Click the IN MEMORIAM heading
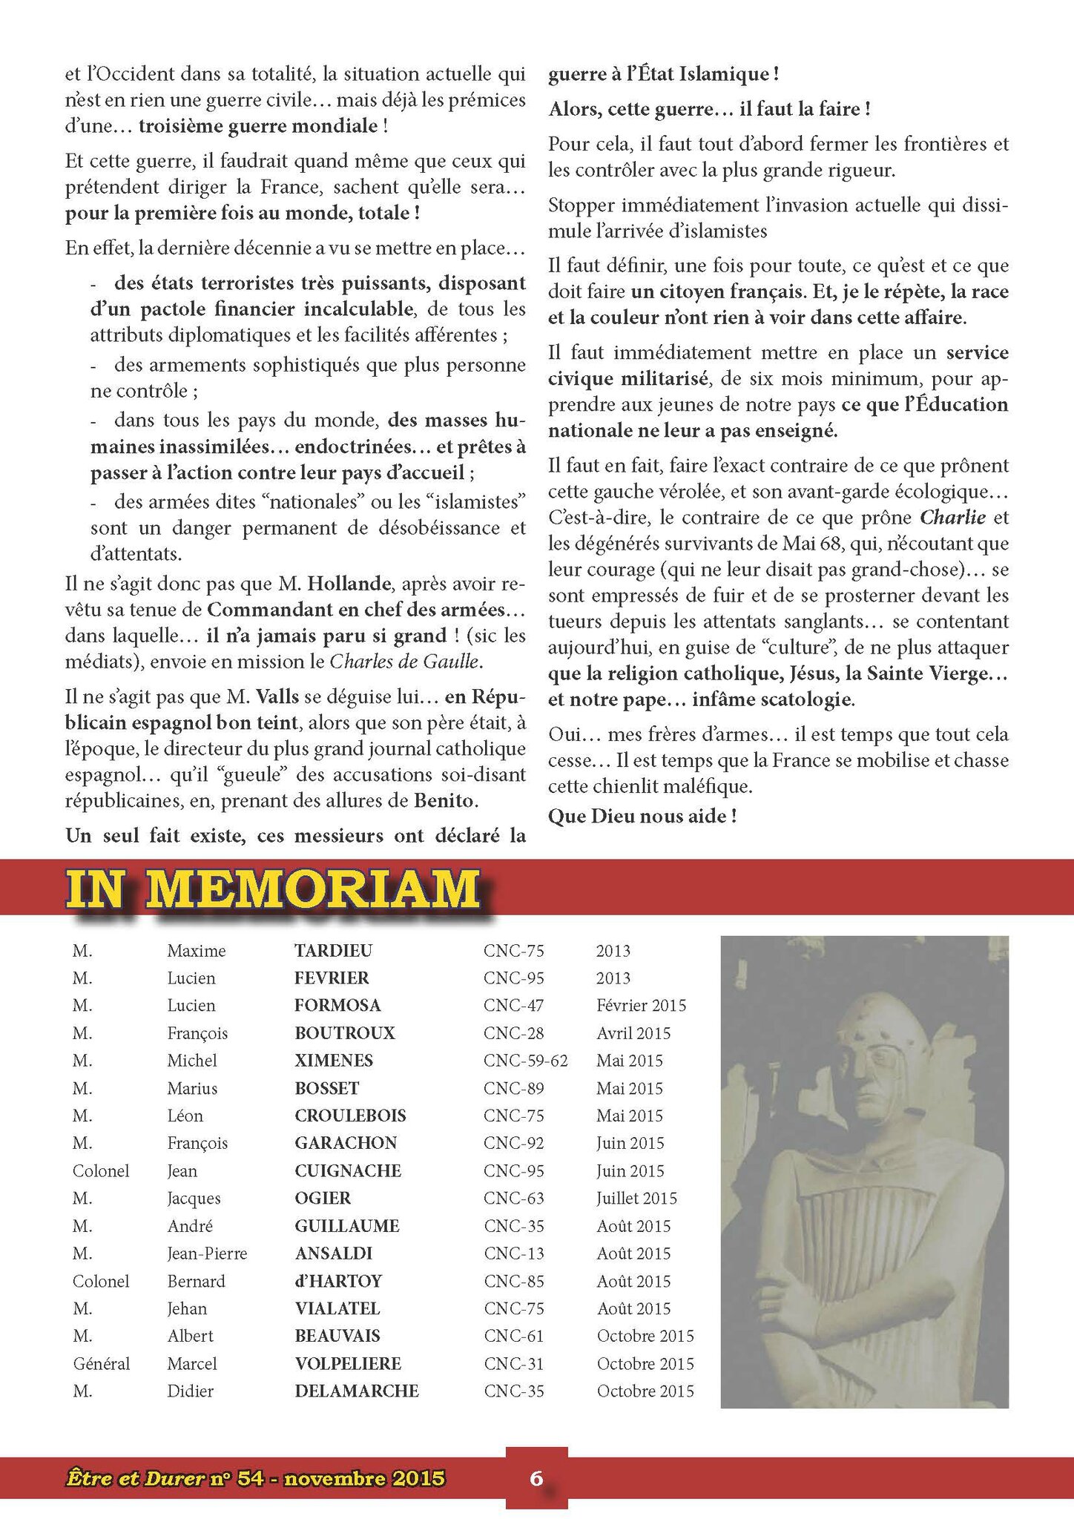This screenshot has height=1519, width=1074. [x=273, y=889]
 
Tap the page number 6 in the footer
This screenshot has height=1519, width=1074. [x=536, y=1477]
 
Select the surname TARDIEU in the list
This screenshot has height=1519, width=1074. [x=333, y=950]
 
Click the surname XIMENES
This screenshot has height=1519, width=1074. [x=334, y=1060]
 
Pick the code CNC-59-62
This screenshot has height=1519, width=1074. [x=525, y=1060]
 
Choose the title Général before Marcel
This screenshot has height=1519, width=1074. [x=101, y=1363]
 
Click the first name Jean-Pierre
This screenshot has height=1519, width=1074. [x=207, y=1253]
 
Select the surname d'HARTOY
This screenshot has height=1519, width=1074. [x=338, y=1281]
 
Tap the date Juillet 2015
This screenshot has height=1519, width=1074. [x=636, y=1198]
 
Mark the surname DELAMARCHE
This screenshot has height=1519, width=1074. [x=357, y=1391]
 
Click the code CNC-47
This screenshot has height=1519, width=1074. [x=513, y=1005]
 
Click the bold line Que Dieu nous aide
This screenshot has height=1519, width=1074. [x=642, y=816]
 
